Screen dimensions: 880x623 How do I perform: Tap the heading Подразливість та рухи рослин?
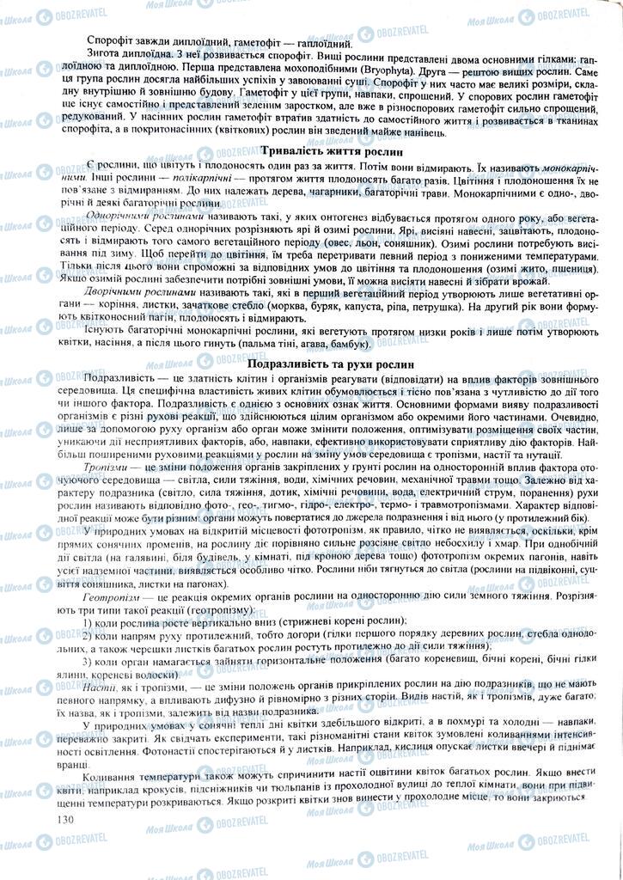pos(311,364)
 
